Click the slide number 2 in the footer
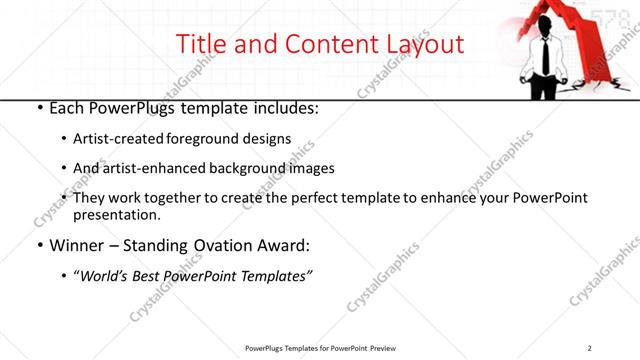tap(590, 348)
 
